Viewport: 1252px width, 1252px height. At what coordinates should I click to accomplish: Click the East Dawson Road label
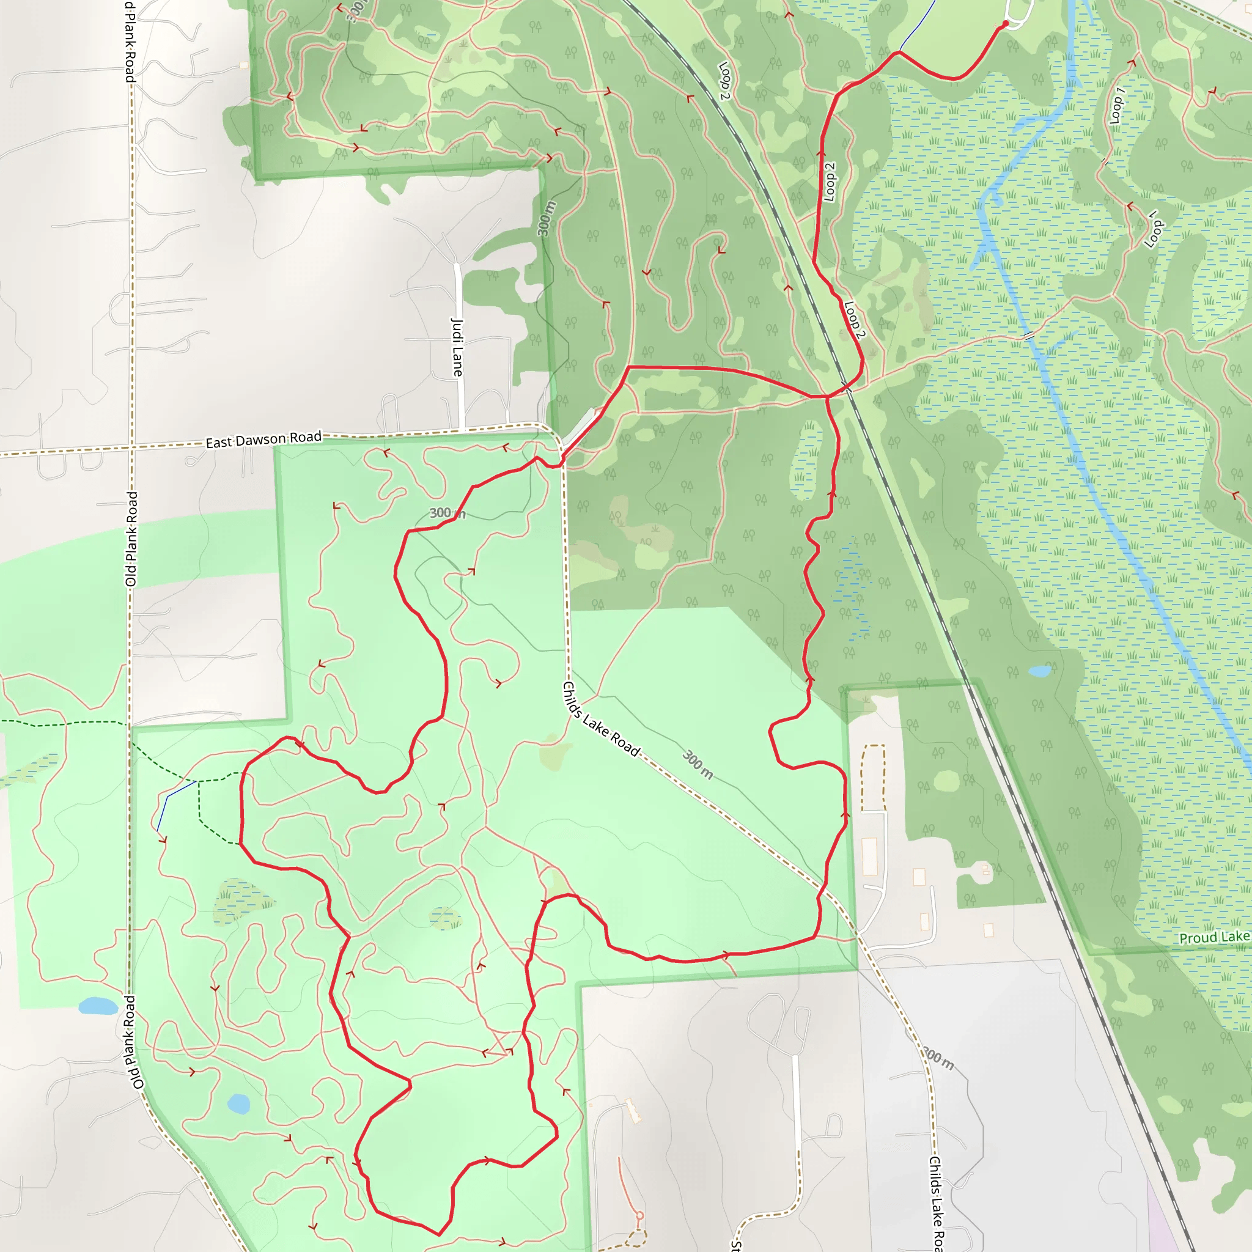coord(263,440)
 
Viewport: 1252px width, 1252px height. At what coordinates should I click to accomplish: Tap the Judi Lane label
coord(457,347)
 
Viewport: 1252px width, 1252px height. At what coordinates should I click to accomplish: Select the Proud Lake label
coord(1213,938)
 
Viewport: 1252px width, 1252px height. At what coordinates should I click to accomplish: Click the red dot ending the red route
coord(1005,24)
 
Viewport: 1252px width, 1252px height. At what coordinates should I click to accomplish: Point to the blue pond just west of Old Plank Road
coord(98,1006)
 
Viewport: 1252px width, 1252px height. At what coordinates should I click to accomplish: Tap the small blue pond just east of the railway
coord(1040,671)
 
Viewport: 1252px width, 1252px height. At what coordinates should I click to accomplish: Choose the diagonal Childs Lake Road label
coord(601,719)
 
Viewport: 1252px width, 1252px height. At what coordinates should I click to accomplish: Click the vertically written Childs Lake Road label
coord(935,1202)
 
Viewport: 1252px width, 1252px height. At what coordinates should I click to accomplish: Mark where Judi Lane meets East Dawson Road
coord(462,430)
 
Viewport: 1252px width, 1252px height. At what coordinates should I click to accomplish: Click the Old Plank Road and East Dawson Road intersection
coord(131,447)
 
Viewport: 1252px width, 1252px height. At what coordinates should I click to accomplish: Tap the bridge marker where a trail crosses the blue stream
coord(1029,336)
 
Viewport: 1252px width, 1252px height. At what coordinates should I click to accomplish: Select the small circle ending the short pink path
coord(639,1216)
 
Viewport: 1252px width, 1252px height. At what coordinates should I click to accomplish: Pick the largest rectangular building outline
coord(870,856)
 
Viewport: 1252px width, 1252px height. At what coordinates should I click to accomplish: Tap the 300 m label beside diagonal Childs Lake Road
coord(698,765)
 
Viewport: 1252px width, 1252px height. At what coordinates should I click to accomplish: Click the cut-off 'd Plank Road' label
coord(130,40)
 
